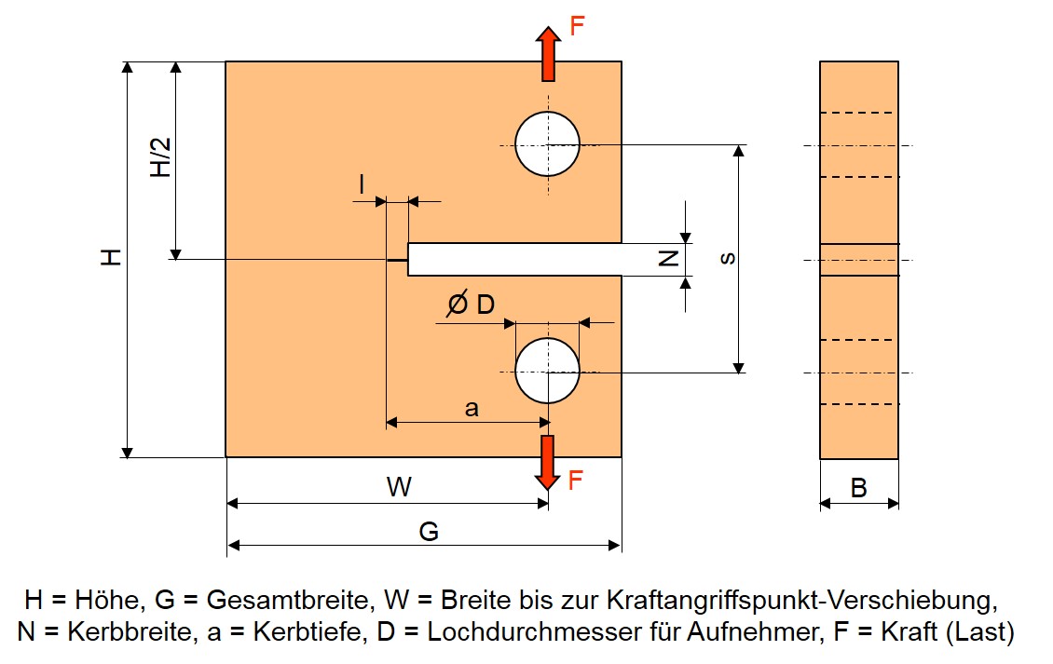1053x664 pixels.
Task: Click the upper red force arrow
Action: tap(548, 54)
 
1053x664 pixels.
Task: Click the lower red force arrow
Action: tap(548, 463)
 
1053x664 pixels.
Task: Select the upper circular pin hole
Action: tap(547, 144)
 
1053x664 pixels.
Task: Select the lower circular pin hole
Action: tap(547, 372)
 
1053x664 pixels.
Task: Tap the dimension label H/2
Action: tap(161, 157)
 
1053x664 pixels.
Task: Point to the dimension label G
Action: tap(429, 532)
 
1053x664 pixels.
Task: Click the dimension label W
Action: tap(399, 487)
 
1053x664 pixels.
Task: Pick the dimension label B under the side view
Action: tap(858, 488)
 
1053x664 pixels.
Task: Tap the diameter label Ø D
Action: tap(471, 305)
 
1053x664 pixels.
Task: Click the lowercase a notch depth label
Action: tap(472, 408)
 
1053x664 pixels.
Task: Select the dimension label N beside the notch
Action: tap(669, 258)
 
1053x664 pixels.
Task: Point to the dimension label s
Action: tap(727, 259)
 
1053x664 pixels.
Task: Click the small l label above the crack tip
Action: tap(362, 183)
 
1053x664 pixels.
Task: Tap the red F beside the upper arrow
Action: tap(577, 26)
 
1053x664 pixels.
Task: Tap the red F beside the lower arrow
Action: tap(576, 480)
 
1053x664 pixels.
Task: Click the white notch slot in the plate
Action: tap(514, 259)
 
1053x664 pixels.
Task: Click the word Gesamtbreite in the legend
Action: tap(290, 600)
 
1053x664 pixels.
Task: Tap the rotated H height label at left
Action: tap(112, 257)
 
